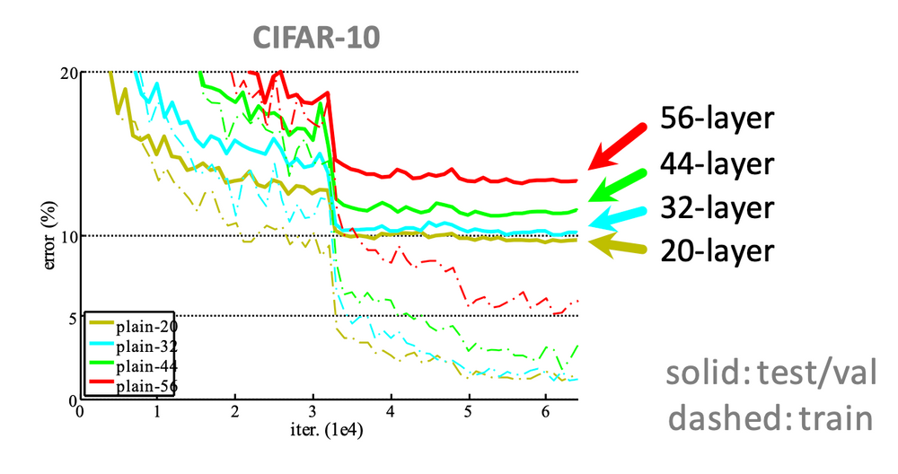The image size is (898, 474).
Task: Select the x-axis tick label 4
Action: pyautogui.click(x=390, y=411)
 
